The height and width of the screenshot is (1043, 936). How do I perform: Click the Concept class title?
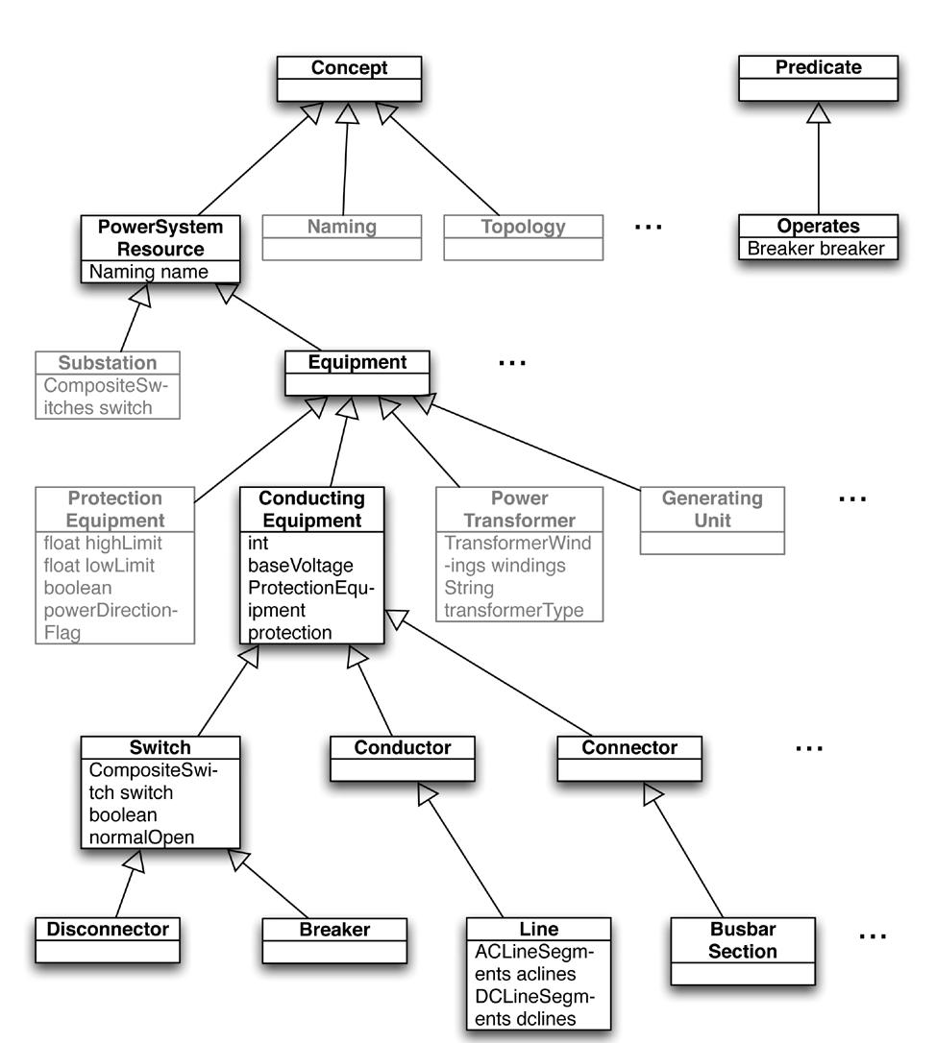(349, 68)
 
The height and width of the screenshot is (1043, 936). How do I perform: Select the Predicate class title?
(817, 68)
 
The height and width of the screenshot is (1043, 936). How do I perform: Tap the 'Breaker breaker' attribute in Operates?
(817, 249)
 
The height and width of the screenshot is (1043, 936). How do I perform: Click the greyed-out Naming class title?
(341, 228)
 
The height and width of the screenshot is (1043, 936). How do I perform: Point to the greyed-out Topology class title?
(523, 228)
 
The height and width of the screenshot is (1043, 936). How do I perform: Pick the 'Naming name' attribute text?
(148, 272)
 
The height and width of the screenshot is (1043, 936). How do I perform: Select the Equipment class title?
(357, 362)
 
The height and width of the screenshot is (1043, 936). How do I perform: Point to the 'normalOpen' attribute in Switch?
(141, 837)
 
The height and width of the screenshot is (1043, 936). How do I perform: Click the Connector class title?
(629, 747)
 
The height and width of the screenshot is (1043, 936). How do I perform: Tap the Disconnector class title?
(108, 929)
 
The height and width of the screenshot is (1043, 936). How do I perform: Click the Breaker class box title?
(334, 929)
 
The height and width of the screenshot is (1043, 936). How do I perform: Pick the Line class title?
(538, 929)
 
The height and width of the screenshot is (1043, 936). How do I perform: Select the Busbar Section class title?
(743, 940)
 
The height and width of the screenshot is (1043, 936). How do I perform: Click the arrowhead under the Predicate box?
(818, 112)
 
